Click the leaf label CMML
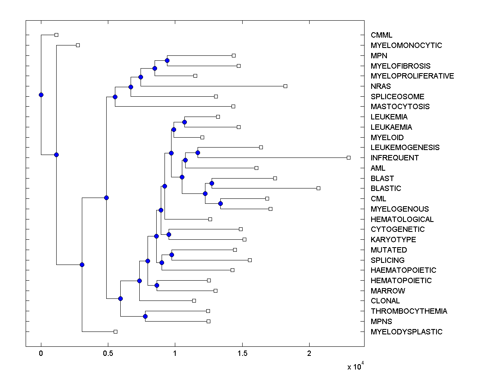pyautogui.click(x=381, y=35)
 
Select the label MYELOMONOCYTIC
pyautogui.click(x=406, y=45)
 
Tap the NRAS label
pyautogui.click(x=380, y=86)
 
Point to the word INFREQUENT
pyautogui.click(x=394, y=158)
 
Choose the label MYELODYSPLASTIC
pyautogui.click(x=406, y=332)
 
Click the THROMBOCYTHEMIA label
pyautogui.click(x=408, y=311)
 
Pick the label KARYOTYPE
pyautogui.click(x=393, y=240)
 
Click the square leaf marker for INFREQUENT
pyautogui.click(x=348, y=157)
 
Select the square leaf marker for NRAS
pyautogui.click(x=285, y=86)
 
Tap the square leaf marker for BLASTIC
pyautogui.click(x=318, y=188)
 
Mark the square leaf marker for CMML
pyautogui.click(x=57, y=35)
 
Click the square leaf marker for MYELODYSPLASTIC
pyautogui.click(x=115, y=331)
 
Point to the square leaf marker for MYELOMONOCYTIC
pyautogui.click(x=78, y=45)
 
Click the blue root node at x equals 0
pyautogui.click(x=41, y=95)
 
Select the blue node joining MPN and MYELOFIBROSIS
pyautogui.click(x=167, y=61)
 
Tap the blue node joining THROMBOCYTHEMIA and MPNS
pyautogui.click(x=145, y=316)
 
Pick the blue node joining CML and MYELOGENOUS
pyautogui.click(x=220, y=203)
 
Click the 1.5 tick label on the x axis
pyautogui.click(x=242, y=354)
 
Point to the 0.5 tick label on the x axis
pyautogui.click(x=108, y=354)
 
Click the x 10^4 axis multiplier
pyautogui.click(x=355, y=366)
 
